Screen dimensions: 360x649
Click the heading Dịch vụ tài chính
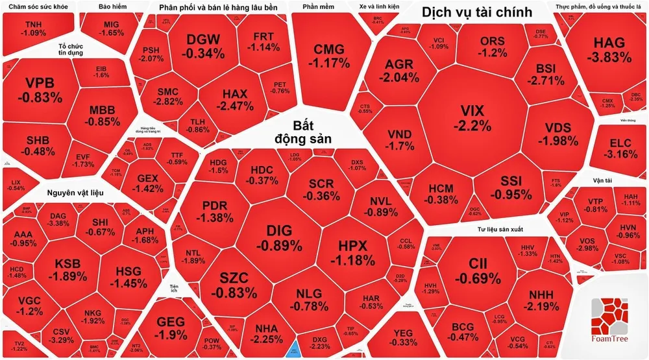476,12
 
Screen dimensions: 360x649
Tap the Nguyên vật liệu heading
76,192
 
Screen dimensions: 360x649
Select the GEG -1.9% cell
171,328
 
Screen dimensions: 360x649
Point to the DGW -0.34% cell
203,47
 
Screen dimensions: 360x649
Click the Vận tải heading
602,180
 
